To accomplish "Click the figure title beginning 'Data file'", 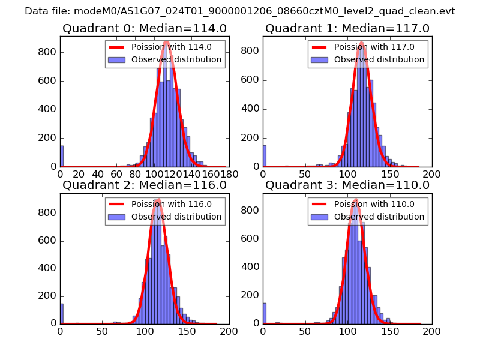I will pos(240,11).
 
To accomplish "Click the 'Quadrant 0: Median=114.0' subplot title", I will pos(144,29).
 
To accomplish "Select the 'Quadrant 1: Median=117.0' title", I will pos(347,29).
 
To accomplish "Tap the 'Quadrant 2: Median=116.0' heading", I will pos(144,185).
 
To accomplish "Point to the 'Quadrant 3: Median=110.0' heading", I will pos(347,185).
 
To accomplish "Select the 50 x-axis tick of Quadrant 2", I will pos(102,331).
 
